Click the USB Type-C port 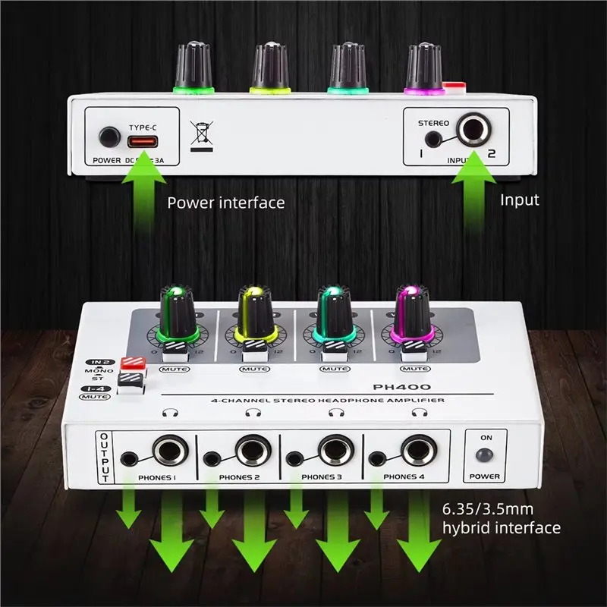[143, 141]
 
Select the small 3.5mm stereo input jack [432, 139]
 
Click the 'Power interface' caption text [226, 203]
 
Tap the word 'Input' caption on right [520, 200]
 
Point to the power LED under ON [484, 455]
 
